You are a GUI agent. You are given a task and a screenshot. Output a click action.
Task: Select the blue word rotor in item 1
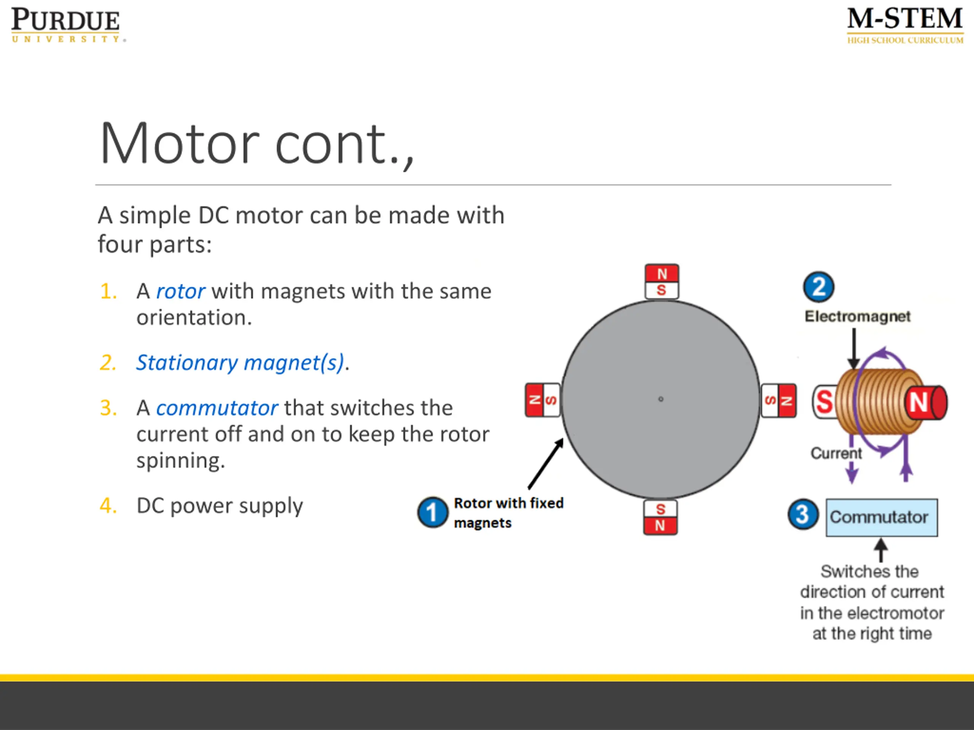coord(181,291)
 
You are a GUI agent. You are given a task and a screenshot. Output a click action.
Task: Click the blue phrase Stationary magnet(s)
coord(240,363)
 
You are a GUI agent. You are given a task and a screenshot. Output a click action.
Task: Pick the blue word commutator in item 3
coord(216,408)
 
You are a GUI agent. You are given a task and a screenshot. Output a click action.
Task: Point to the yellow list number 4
coord(108,506)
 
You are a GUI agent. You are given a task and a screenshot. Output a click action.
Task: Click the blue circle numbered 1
coord(432,513)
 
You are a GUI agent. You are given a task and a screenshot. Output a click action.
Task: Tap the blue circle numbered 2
coord(818,287)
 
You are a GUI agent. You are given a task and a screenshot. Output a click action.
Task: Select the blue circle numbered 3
coord(803,514)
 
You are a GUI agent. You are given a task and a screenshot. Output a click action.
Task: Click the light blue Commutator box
coord(882,517)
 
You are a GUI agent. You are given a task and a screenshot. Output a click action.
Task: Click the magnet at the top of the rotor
coord(662,282)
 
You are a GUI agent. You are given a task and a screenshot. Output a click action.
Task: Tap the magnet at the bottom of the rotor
coord(660,517)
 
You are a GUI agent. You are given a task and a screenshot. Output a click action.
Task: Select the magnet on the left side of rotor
coord(543,400)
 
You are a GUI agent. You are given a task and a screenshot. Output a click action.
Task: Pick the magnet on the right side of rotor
coord(778,400)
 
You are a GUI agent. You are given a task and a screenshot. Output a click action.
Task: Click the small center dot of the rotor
coord(660,399)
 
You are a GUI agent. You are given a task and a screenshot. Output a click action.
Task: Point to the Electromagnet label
coord(857,316)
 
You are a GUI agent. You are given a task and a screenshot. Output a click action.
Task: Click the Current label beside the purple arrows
coord(836,453)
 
